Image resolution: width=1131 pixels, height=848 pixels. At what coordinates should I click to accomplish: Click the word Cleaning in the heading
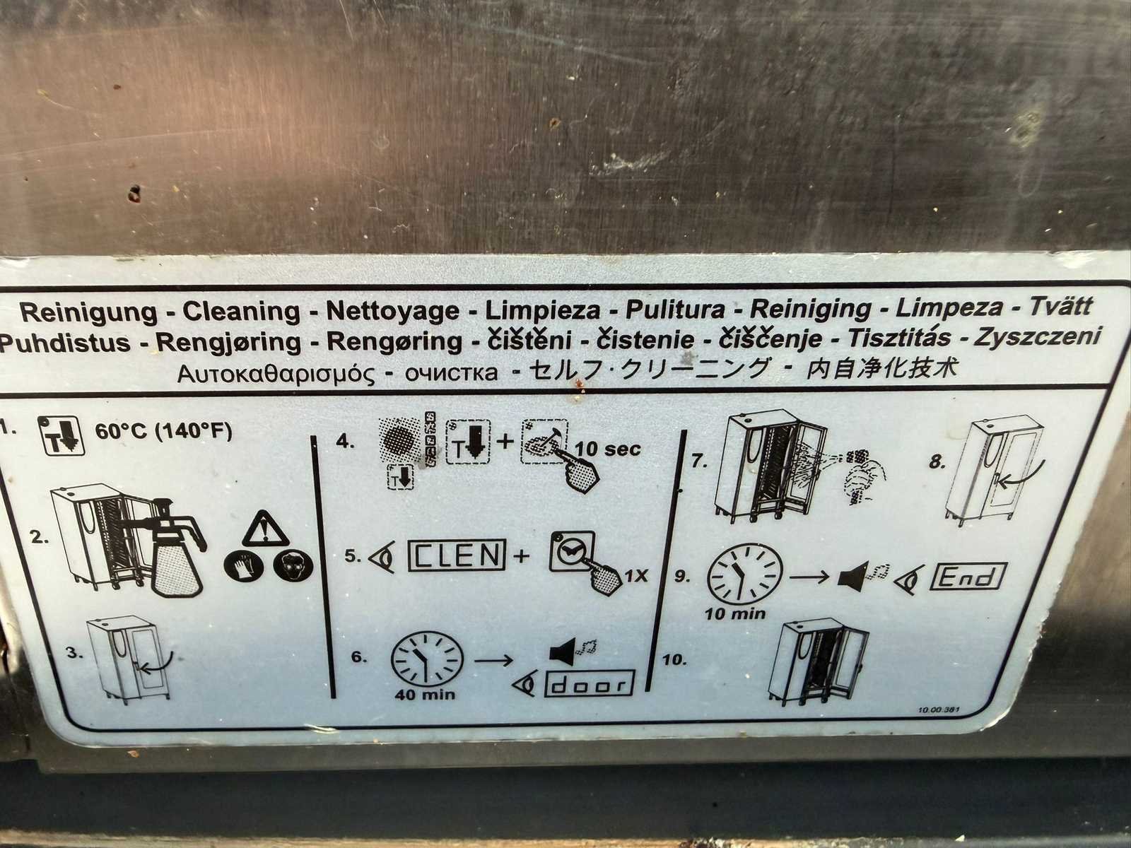[241, 311]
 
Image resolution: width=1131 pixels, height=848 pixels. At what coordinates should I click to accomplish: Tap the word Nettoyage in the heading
[392, 310]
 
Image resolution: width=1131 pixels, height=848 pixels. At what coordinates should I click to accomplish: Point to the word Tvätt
[1061, 307]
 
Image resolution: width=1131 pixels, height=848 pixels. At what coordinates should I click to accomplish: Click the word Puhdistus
[65, 343]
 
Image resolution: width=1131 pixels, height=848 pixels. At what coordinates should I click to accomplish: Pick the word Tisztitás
[900, 338]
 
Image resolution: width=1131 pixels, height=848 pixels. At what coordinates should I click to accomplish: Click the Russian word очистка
[452, 372]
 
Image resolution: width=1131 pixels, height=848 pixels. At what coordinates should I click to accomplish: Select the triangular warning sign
[265, 529]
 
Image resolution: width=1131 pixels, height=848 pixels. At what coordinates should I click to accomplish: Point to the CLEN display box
[457, 555]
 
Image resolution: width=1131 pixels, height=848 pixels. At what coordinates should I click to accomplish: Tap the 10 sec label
[608, 449]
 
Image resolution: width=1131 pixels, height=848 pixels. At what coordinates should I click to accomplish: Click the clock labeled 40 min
[427, 659]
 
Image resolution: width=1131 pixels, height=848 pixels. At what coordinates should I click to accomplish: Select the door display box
[589, 683]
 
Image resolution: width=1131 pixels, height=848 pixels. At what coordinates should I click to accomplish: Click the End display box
[968, 577]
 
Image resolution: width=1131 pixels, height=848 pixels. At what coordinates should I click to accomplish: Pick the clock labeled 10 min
[744, 574]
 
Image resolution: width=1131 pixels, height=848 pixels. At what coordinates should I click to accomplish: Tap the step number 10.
[674, 659]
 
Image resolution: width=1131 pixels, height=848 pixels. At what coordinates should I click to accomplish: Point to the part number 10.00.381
[939, 710]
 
